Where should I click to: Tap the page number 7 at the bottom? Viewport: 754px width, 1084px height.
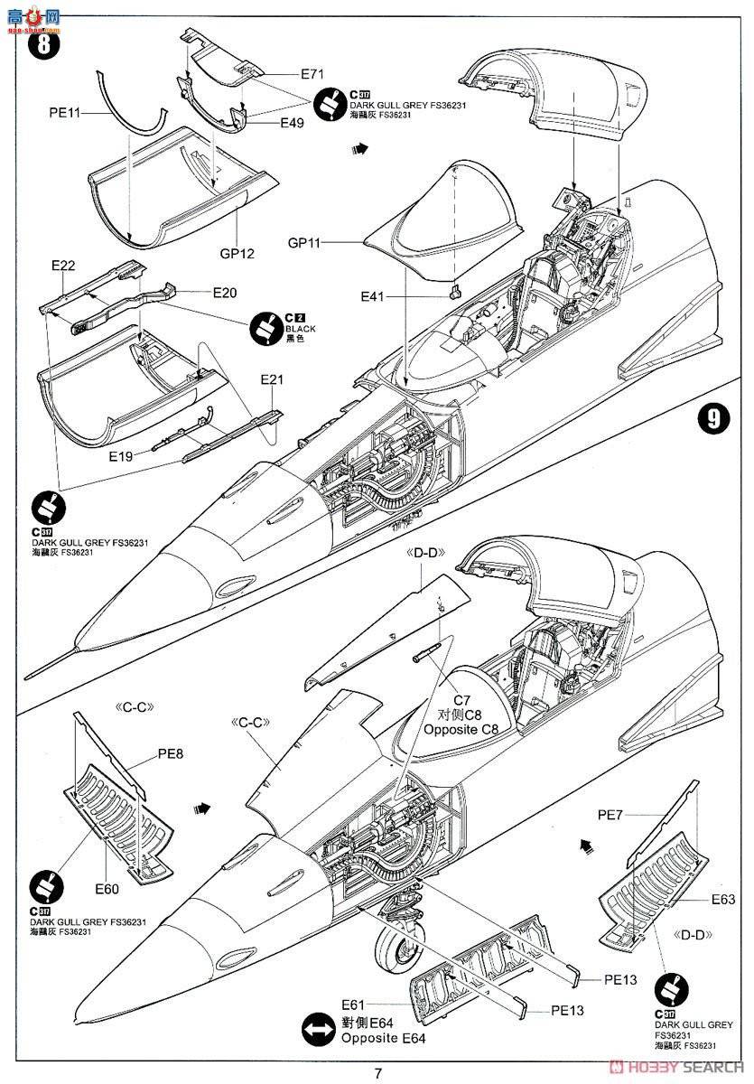click(378, 1073)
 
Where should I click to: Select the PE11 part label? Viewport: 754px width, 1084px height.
click(65, 113)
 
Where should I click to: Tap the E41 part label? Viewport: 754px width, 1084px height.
click(377, 295)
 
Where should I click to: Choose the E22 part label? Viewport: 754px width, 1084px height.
click(63, 265)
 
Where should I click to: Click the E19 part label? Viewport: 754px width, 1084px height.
click(121, 457)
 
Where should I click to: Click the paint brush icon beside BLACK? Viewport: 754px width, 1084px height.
click(266, 325)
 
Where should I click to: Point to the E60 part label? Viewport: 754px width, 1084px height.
click(107, 889)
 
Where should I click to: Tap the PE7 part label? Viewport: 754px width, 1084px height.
click(610, 815)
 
